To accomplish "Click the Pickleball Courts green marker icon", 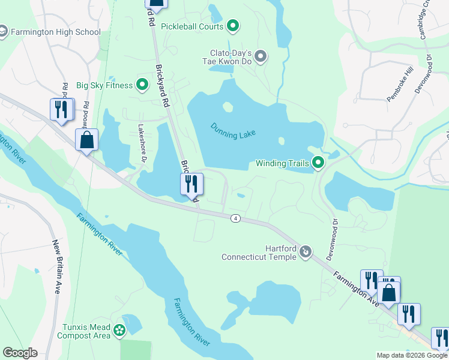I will (x=234, y=26).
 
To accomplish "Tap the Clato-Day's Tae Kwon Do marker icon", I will (x=261, y=57).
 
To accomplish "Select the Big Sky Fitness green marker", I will (x=142, y=85).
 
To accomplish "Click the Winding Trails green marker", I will (x=318, y=163).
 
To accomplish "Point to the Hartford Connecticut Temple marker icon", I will (x=306, y=251).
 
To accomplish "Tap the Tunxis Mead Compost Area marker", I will (x=120, y=329).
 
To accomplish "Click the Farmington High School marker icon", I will (x=2, y=32).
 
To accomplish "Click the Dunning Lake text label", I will (x=234, y=130).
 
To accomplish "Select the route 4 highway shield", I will (x=236, y=218).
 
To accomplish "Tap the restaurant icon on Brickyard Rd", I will (x=192, y=184).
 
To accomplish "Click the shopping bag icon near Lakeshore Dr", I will (x=86, y=140).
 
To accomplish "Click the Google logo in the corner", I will (x=20, y=353).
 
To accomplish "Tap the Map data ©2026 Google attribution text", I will (x=412, y=355).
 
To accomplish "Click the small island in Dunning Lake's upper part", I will (x=227, y=107).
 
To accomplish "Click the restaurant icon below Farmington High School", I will (x=62, y=109).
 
